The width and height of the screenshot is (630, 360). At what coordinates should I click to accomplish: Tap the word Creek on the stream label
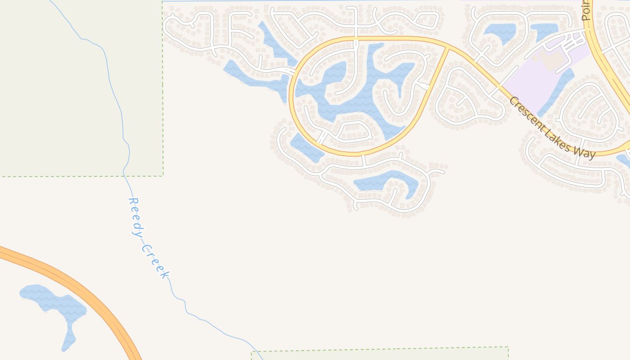point(156,261)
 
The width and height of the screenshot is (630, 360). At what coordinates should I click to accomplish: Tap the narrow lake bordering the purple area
point(558,90)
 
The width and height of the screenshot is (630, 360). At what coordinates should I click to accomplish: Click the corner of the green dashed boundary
point(162,175)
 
